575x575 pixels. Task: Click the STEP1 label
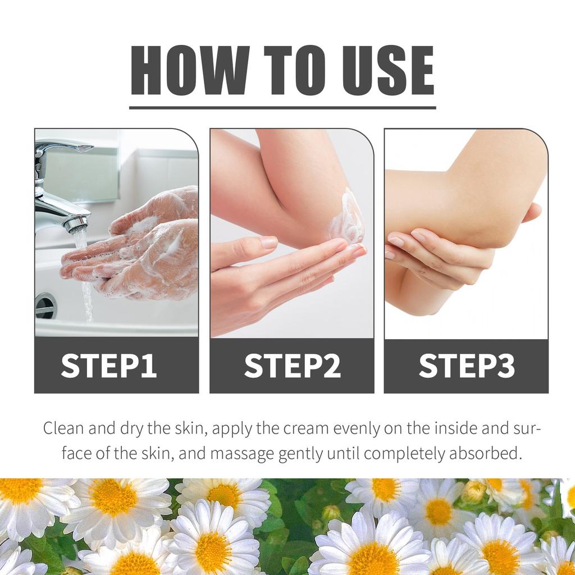(x=109, y=366)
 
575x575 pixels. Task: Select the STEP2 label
(x=292, y=366)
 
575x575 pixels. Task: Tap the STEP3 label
(x=467, y=366)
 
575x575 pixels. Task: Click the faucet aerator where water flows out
(x=76, y=225)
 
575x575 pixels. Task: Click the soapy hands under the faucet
(x=140, y=247)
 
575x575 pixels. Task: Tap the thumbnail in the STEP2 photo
(x=269, y=243)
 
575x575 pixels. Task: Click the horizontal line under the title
(x=282, y=107)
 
